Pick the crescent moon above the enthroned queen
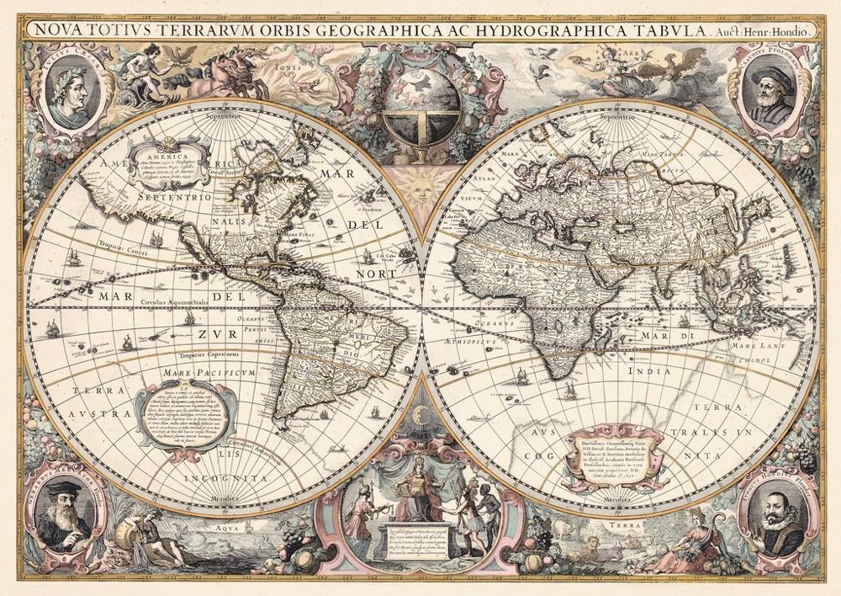point(420,412)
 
